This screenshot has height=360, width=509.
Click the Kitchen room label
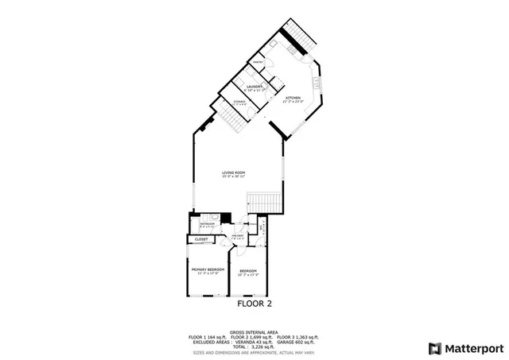point(293,98)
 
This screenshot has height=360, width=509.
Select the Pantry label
point(258,62)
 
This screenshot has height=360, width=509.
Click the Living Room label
point(233,172)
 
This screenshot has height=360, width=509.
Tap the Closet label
point(201,239)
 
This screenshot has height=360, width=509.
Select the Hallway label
point(237,236)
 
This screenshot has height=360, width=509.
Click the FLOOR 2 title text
point(254,304)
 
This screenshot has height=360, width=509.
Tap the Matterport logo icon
point(433,348)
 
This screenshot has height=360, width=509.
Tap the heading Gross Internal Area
point(254,332)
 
